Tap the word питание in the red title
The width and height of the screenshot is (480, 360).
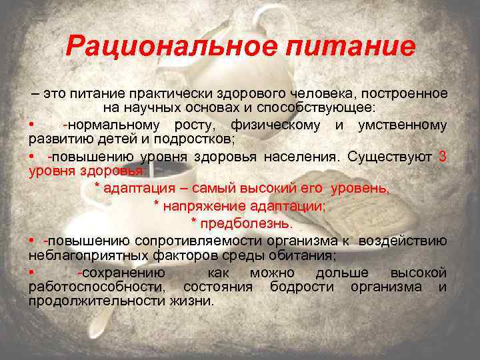[x=352, y=46]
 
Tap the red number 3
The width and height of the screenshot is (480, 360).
[x=443, y=157]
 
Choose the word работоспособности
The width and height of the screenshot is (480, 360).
[x=95, y=287]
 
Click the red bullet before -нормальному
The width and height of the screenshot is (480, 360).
[x=31, y=125]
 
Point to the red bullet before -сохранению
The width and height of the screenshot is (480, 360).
[x=31, y=273]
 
